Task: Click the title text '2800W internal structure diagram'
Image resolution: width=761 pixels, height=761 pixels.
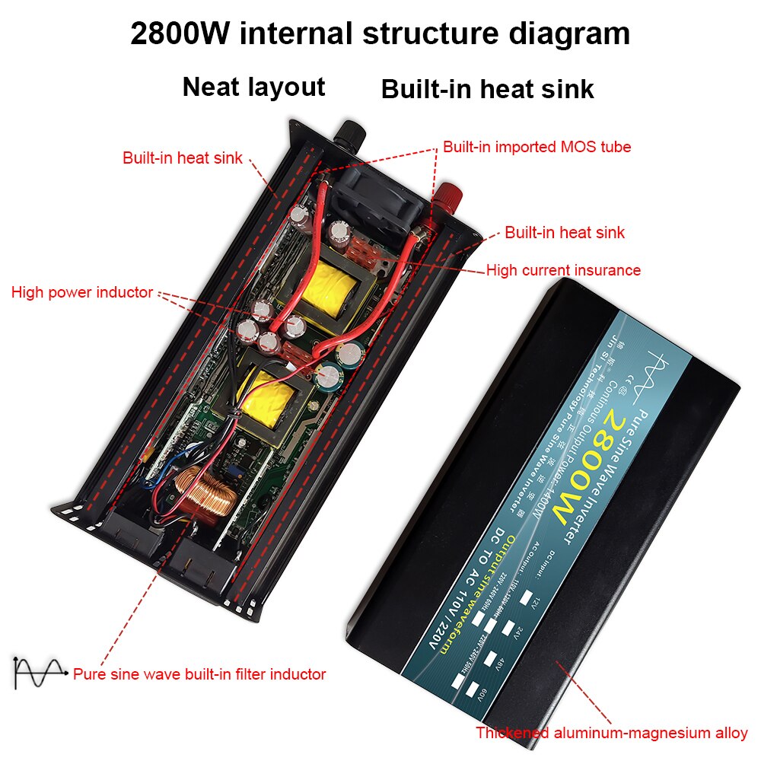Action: point(380,34)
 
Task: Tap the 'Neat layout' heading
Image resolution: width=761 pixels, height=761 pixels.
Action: point(253,87)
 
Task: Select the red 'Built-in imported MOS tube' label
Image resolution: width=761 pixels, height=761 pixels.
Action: point(537,147)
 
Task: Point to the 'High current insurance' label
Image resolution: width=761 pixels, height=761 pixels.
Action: point(563,270)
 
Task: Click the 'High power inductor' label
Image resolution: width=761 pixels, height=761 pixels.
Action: point(82,292)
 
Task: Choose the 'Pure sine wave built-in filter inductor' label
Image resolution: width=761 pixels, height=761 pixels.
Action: point(199,674)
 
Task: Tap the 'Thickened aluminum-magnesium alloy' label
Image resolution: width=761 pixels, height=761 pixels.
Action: point(612,734)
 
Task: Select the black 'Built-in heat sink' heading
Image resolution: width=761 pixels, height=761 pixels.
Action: point(487,89)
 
